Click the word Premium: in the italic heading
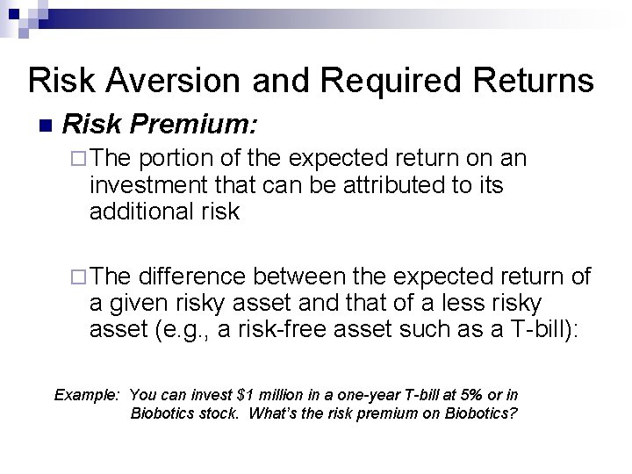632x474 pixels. [196, 125]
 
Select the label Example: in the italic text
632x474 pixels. [86, 394]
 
